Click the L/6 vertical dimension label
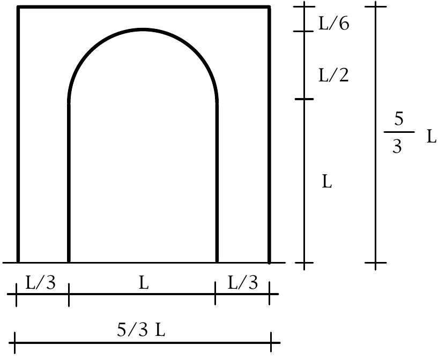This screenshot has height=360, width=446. pos(334,24)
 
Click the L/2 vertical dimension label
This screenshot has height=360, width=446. pos(333,75)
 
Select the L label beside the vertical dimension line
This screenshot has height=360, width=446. pos(327,182)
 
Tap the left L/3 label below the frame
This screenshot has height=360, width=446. pos(40,282)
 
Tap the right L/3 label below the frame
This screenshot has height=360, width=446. pos(243,282)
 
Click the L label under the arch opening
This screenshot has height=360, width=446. pos(143,283)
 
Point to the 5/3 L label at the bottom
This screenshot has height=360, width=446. pos(141,331)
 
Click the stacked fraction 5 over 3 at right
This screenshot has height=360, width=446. pos(398,132)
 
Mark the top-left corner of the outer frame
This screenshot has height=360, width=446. pos(18,7)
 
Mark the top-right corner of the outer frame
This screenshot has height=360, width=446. pos(269,7)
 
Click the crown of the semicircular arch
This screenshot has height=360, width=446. pos(143,29)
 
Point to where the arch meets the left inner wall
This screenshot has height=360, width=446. pos(69,101)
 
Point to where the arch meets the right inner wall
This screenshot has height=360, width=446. pos(217,101)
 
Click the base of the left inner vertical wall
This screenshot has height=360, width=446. pos(69,262)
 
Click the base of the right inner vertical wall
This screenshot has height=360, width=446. pos(217,262)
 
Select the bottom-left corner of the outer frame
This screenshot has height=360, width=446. pos(18,262)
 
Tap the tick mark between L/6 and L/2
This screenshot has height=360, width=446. pos(304,31)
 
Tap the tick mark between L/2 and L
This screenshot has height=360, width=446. pos(304,99)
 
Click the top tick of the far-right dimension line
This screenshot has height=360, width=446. pos(376,6)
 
